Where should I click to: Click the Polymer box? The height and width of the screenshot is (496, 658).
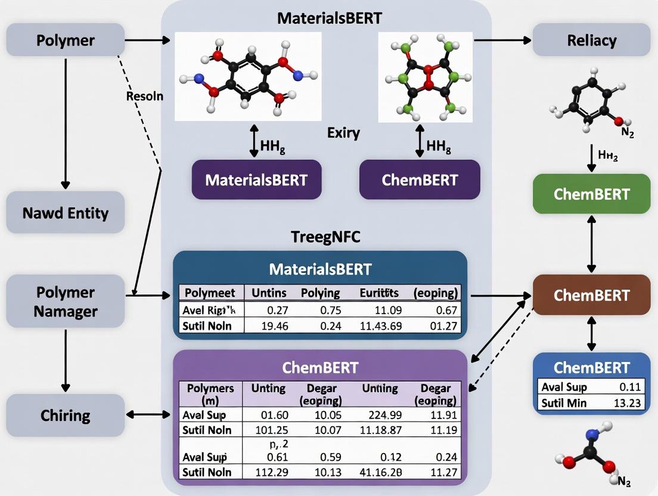point(65,41)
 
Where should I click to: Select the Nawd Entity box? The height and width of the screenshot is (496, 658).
point(65,212)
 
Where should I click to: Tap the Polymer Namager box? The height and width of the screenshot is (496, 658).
point(65,302)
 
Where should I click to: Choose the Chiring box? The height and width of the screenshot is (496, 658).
point(65,414)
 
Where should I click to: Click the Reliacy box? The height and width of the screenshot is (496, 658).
point(592,41)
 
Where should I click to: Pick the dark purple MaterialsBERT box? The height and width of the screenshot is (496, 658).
point(256,179)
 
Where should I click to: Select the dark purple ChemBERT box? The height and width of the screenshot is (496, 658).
point(420,179)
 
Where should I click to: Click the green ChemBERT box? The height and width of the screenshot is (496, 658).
point(591,194)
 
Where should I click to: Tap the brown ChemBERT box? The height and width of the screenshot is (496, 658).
point(591,295)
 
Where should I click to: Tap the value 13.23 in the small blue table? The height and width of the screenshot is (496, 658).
point(626,402)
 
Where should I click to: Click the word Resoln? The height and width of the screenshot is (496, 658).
point(145,95)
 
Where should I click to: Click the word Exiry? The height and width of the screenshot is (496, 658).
point(343,132)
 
